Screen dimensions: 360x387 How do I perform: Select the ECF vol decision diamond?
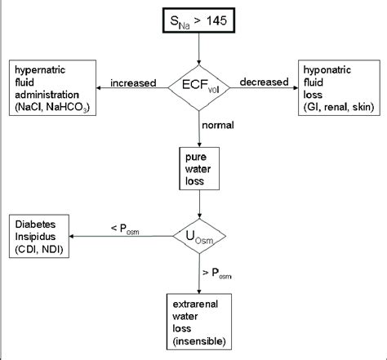pyautogui.click(x=199, y=83)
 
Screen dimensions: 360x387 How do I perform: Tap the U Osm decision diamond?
pyautogui.click(x=199, y=238)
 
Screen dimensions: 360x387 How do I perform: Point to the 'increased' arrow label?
pyautogui.click(x=136, y=82)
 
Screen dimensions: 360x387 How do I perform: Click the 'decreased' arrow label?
pyautogui.click(x=262, y=82)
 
